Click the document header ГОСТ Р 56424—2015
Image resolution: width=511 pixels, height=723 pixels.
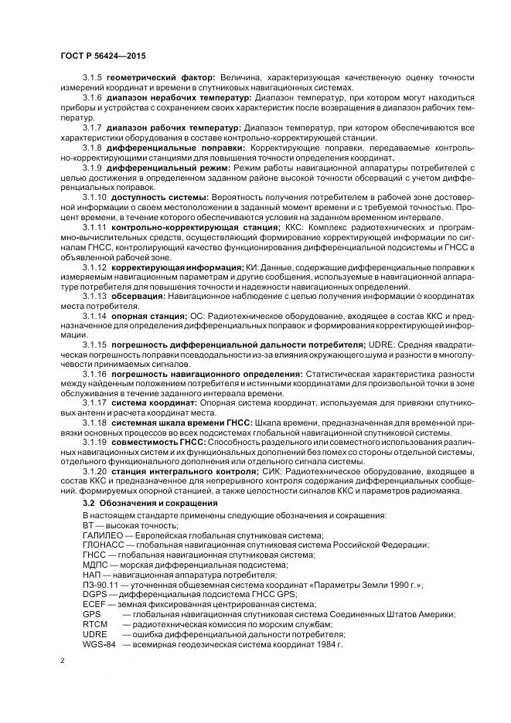(103, 57)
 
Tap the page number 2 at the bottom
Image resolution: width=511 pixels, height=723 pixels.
(63, 661)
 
